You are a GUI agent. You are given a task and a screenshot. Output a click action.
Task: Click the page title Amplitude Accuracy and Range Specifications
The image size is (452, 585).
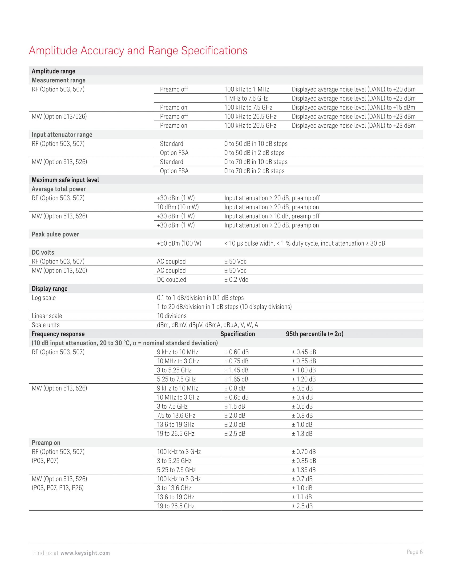pos(138,51)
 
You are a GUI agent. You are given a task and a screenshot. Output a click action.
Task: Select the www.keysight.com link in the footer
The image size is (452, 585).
pos(85,553)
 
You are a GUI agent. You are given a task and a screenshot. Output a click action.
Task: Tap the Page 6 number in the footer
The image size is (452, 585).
pos(415,552)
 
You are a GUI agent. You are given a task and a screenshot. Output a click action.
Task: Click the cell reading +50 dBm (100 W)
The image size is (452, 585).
pos(179,243)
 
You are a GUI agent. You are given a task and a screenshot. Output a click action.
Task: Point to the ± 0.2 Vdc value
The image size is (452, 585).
pos(236,280)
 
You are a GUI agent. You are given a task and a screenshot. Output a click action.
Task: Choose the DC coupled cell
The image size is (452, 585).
pos(171,280)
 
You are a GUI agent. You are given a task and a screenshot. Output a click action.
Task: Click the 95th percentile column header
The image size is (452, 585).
pos(314,334)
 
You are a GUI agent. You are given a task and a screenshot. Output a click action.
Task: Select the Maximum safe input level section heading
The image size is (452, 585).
pos(65,180)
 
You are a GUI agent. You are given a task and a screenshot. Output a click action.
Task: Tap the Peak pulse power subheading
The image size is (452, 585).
pos(55,234)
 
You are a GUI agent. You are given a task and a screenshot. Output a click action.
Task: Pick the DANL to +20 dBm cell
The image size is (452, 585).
pos(353,89)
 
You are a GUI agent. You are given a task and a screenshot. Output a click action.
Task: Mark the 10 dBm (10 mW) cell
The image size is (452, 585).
pos(178,207)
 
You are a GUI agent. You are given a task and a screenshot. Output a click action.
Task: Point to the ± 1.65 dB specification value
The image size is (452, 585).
pos(236,379)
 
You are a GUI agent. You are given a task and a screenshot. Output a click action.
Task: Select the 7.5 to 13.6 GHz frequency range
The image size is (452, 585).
pos(176,415)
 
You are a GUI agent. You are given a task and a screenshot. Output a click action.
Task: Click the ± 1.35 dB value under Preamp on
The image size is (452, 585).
pos(304,470)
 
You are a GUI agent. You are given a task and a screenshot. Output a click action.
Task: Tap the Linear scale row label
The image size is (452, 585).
pos(47,316)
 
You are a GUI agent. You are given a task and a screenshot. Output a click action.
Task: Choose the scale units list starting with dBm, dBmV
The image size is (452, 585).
pos(207,325)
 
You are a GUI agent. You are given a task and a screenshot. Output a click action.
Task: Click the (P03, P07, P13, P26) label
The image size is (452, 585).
pos(58,488)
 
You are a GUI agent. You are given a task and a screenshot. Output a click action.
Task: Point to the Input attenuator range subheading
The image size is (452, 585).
pos(62,135)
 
